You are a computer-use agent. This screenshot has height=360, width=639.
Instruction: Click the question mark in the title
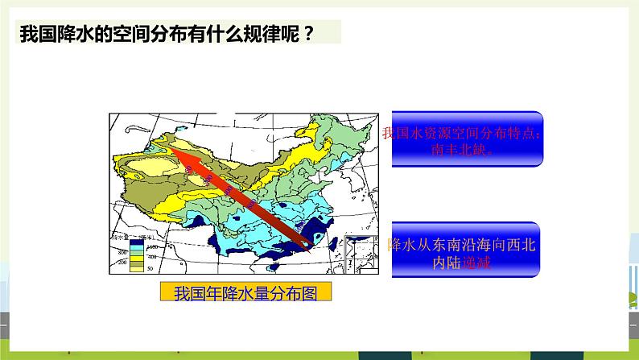tap(307, 33)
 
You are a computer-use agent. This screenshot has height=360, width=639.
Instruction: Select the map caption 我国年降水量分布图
tap(246, 293)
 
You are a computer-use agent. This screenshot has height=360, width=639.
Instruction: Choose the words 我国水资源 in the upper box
tap(415, 134)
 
